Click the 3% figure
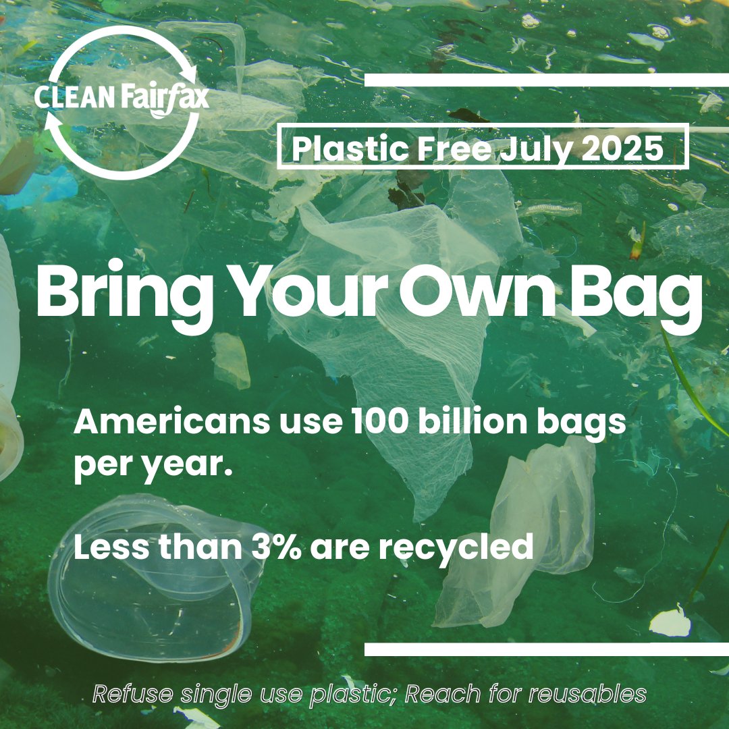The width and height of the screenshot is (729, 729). (x=277, y=547)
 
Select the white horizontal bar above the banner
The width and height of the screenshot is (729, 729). (x=547, y=80)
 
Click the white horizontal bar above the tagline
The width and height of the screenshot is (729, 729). (x=547, y=649)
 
